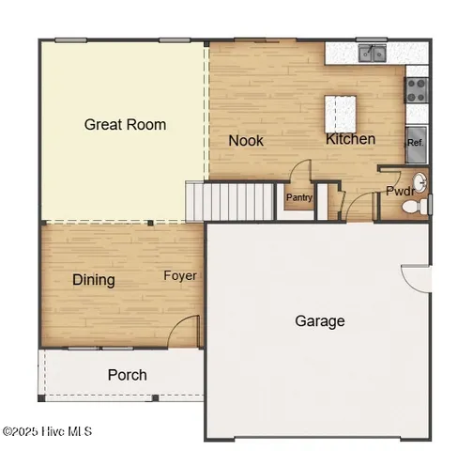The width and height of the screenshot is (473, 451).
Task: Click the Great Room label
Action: click(125, 124)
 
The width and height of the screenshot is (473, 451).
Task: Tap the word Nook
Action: click(246, 141)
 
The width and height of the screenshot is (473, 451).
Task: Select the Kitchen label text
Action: click(350, 139)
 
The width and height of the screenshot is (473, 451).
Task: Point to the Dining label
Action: click(94, 279)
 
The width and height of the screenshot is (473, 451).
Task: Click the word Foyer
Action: click(179, 275)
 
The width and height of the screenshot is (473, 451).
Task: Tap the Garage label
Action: click(320, 320)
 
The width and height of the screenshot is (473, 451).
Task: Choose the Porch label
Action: click(127, 375)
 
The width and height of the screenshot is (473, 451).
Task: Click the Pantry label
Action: click(299, 197)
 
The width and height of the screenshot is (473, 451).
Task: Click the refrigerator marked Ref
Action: click(415, 143)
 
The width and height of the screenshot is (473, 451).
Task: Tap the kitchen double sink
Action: click(373, 54)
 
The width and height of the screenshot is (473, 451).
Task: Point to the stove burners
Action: click(416, 89)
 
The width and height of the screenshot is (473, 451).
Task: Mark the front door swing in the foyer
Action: click(188, 331)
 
